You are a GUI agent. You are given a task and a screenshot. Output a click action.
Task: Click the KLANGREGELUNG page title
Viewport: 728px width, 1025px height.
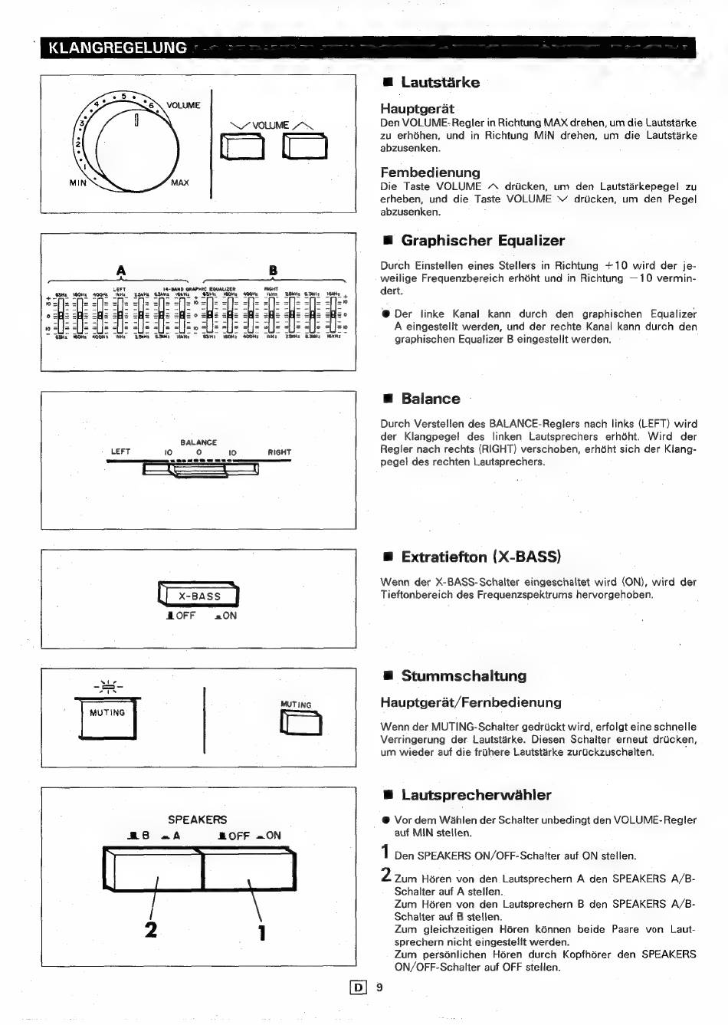tap(117, 48)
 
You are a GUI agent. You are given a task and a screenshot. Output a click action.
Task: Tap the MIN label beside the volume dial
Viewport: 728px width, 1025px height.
tap(78, 183)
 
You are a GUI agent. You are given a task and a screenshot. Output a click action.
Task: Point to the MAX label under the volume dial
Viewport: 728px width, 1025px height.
tap(180, 183)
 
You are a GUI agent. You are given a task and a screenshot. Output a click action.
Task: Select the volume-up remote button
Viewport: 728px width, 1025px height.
tap(304, 146)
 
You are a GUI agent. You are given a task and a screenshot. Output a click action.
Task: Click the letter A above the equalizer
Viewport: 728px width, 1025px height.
tap(120, 270)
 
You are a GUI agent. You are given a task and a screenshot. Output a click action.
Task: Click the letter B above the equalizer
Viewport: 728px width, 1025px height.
tap(273, 270)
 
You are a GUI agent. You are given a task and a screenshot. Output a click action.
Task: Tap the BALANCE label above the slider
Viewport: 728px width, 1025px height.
tap(198, 442)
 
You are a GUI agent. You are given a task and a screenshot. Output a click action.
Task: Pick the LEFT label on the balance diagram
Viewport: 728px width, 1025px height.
tap(120, 452)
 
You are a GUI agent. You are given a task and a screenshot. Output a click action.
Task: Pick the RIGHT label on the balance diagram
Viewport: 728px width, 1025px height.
tap(280, 452)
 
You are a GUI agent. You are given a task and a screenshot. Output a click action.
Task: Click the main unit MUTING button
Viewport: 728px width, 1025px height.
tap(107, 719)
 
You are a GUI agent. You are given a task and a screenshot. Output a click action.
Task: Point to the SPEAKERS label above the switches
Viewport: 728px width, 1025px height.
tap(198, 820)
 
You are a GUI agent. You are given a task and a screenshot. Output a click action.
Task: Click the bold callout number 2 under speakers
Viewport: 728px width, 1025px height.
tap(151, 929)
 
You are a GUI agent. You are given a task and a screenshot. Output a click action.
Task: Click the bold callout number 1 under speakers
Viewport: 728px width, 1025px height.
tap(262, 931)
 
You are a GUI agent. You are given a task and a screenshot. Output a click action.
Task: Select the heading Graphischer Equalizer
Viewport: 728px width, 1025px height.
tap(483, 241)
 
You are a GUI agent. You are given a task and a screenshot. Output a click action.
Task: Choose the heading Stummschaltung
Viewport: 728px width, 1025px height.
tap(464, 676)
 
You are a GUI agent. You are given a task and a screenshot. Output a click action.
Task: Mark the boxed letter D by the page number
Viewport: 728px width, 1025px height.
tap(356, 987)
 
